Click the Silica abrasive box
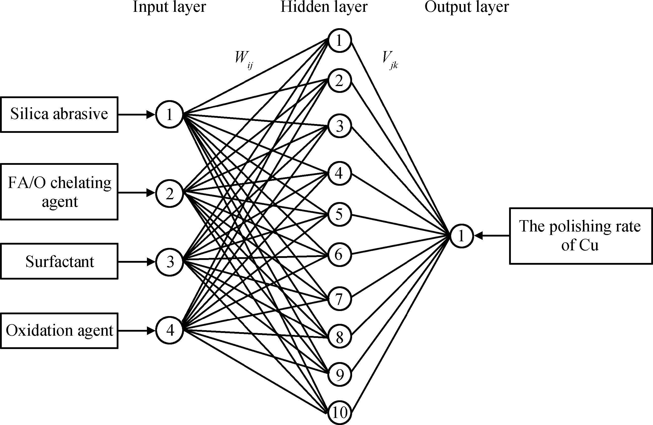pyautogui.click(x=59, y=114)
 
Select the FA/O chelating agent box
pyautogui.click(x=59, y=192)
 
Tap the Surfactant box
pyautogui.click(x=59, y=261)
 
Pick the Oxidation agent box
pyautogui.click(x=59, y=331)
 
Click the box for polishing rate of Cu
pyautogui.click(x=581, y=236)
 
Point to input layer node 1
pyautogui.click(x=170, y=114)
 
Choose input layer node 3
pyautogui.click(x=170, y=262)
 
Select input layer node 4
pyautogui.click(x=170, y=330)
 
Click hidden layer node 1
pyautogui.click(x=339, y=41)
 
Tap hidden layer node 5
pyautogui.click(x=339, y=214)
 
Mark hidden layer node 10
pyautogui.click(x=339, y=412)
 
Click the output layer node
pyautogui.click(x=461, y=236)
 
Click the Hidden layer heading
pyautogui.click(x=324, y=7)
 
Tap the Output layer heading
pyautogui.click(x=467, y=7)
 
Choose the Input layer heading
pyautogui.click(x=169, y=7)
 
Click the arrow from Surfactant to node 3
pyautogui.click(x=137, y=262)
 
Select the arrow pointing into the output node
pyautogui.click(x=492, y=236)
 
